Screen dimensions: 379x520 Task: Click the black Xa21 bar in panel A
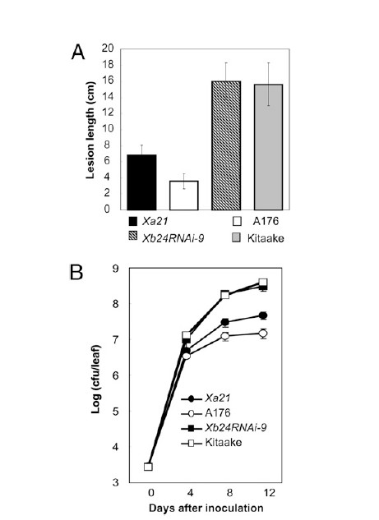point(141,182)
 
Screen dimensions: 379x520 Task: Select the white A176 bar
point(184,196)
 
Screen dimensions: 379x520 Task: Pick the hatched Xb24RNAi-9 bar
point(226,145)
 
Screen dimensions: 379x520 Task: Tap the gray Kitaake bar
point(269,147)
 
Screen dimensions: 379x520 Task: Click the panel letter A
point(78,53)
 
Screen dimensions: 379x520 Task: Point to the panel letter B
point(76,272)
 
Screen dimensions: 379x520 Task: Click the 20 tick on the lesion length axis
point(107,48)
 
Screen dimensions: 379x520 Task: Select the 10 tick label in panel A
point(107,129)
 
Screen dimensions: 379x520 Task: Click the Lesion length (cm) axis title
point(90,130)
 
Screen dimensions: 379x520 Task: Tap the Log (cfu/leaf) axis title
point(95,379)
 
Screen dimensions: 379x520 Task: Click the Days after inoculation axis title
point(206,508)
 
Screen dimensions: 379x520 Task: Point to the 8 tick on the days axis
point(229,492)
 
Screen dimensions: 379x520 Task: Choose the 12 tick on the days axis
point(269,492)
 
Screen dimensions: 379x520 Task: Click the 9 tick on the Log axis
point(115,268)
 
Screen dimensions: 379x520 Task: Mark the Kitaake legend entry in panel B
point(211,443)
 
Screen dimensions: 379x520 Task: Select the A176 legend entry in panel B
point(206,413)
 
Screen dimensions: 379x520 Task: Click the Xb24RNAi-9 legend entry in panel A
point(166,238)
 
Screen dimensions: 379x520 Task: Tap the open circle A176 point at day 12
point(264,334)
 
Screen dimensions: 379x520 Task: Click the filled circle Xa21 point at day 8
point(225,322)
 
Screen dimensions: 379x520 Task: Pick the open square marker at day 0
point(148,467)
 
